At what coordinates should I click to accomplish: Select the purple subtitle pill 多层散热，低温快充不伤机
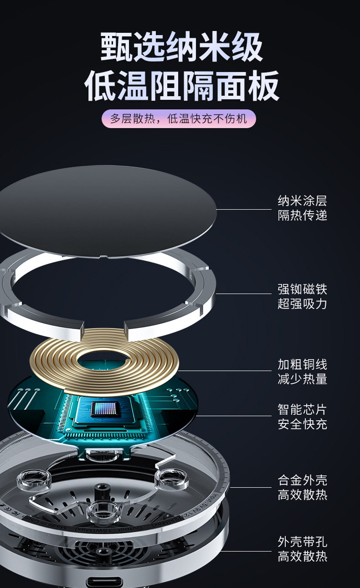pyautogui.click(x=179, y=119)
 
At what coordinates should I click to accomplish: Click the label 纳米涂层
pyautogui.click(x=302, y=201)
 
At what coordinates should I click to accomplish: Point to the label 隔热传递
pyautogui.click(x=302, y=216)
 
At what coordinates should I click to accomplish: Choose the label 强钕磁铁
pyautogui.click(x=302, y=289)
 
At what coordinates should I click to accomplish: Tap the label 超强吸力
pyautogui.click(x=302, y=304)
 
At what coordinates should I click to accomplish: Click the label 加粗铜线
pyautogui.click(x=302, y=365)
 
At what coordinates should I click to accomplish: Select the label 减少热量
pyautogui.click(x=302, y=379)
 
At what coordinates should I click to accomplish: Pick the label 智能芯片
pyautogui.click(x=302, y=409)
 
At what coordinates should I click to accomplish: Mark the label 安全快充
pyautogui.click(x=302, y=424)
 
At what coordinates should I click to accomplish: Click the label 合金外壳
pyautogui.click(x=302, y=480)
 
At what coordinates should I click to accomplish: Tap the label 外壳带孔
pyautogui.click(x=302, y=542)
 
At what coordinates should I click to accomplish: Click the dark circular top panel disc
pyautogui.click(x=105, y=210)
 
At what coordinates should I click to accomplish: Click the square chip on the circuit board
pyautogui.click(x=105, y=409)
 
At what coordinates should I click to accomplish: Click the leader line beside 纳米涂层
pyautogui.click(x=244, y=210)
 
